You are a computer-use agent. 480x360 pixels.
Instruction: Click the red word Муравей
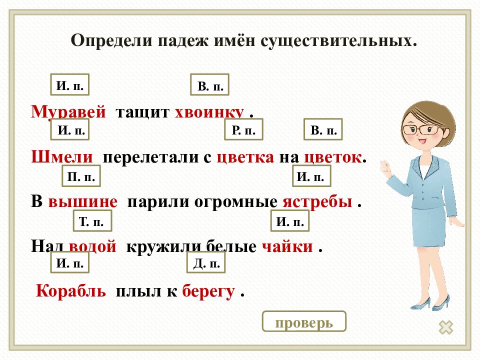click(x=68, y=112)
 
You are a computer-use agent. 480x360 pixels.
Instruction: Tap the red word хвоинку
click(x=209, y=112)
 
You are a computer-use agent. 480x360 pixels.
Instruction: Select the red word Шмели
click(x=62, y=157)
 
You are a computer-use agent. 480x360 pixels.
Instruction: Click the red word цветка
click(x=245, y=157)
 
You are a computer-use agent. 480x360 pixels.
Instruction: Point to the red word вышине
click(x=83, y=202)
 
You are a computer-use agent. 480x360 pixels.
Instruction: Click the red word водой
click(x=93, y=246)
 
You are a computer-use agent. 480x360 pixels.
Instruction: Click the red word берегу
click(x=208, y=291)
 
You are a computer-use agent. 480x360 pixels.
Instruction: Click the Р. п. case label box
click(x=243, y=131)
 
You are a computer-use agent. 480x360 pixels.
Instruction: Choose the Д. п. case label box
click(x=206, y=263)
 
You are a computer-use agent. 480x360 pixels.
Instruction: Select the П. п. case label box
click(x=81, y=176)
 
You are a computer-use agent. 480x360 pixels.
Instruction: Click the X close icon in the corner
click(x=445, y=327)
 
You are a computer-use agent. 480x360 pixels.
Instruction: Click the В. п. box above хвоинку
click(x=210, y=86)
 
